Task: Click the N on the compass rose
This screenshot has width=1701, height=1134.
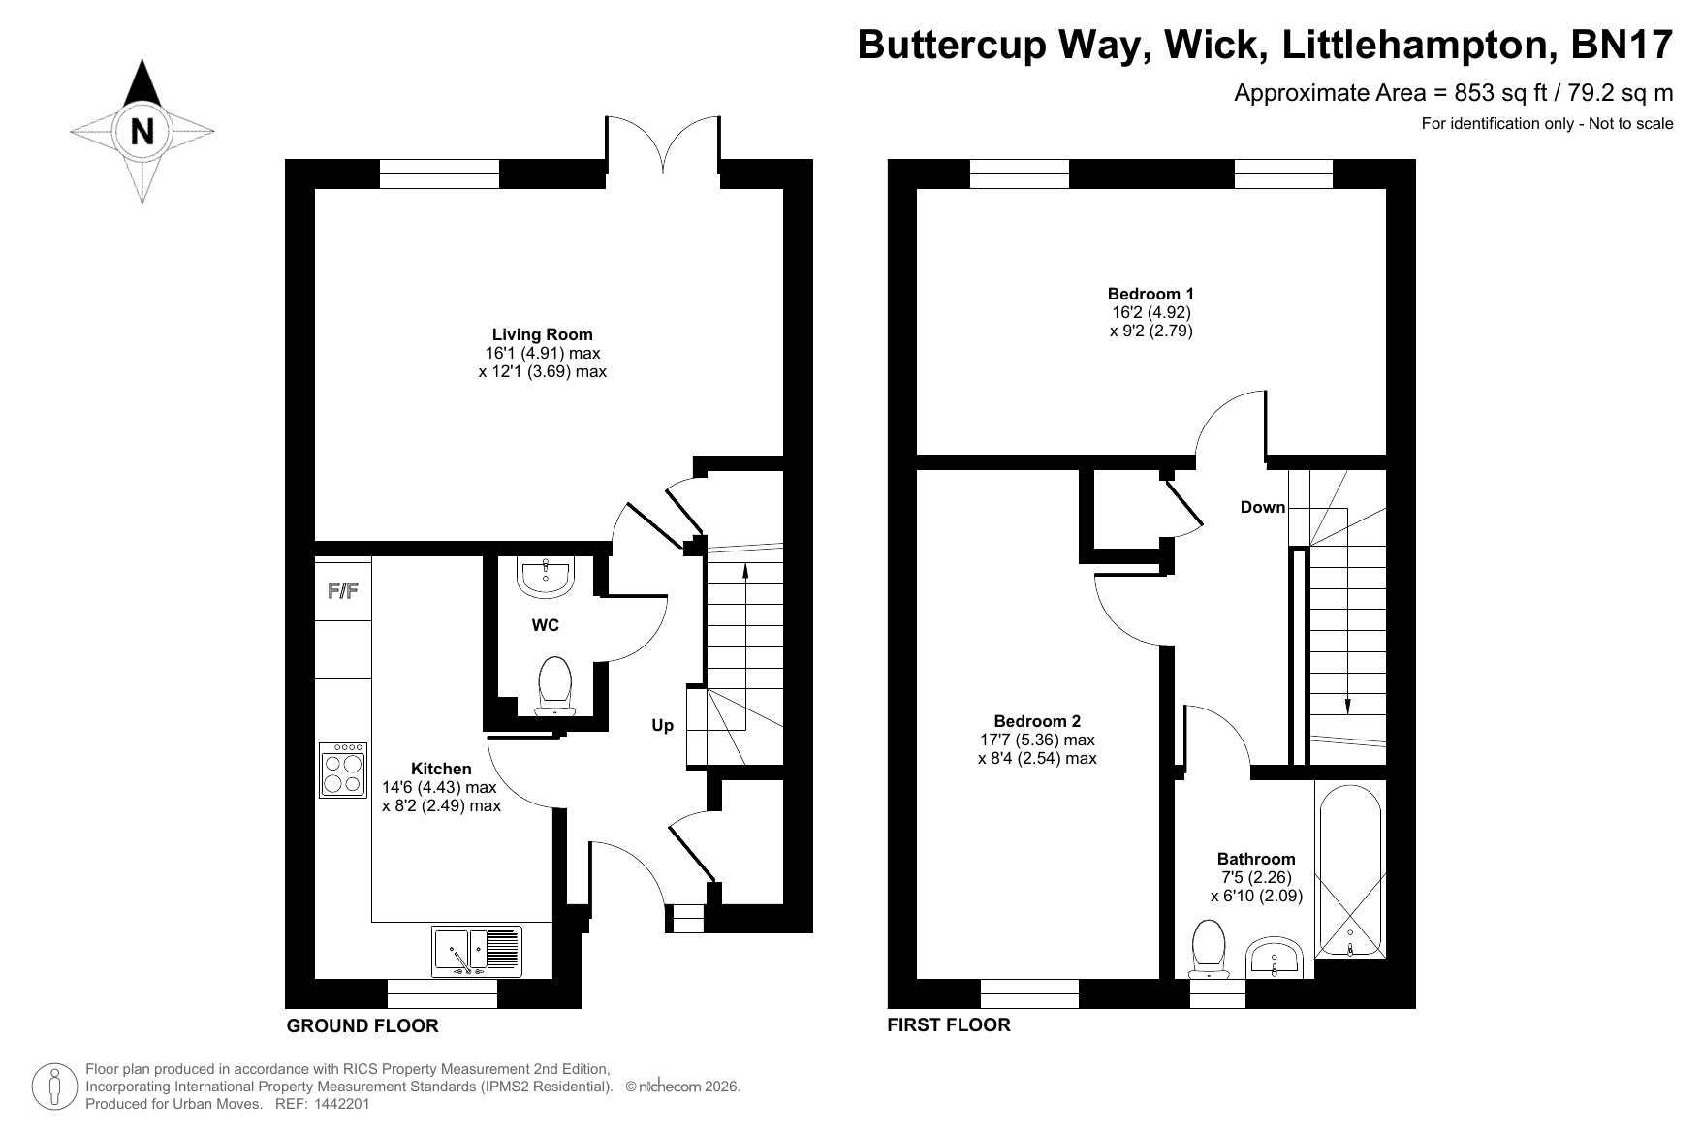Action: pos(142,130)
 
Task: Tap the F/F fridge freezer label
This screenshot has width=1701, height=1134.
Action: pos(342,589)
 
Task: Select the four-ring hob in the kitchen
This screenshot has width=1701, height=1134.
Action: pos(344,770)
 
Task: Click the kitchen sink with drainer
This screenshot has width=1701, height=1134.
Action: pos(477,951)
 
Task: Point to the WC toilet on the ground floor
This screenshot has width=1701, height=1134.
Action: pos(554,686)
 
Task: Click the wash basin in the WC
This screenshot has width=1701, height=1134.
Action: pos(547,576)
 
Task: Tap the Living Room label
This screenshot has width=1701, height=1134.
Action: pos(542,335)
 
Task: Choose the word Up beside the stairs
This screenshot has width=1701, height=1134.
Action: pos(662,726)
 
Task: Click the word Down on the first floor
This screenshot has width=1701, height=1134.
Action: pos(1263,507)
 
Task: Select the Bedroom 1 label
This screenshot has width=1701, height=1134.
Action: pos(1150,294)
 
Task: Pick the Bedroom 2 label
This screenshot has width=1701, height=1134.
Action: pos(1037,721)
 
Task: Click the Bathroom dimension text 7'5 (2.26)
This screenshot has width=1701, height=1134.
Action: pos(1256,877)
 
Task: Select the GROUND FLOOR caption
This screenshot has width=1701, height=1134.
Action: pos(362,1025)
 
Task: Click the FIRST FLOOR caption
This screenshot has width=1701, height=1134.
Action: pos(949,1024)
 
